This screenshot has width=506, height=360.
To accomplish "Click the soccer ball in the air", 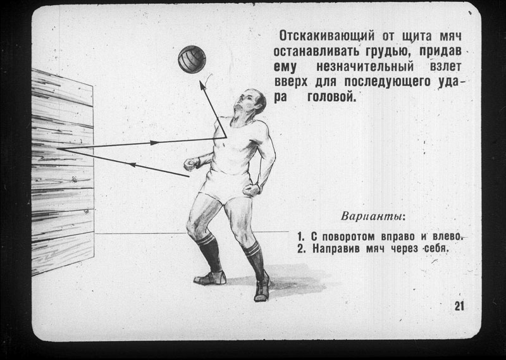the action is pos(192,59).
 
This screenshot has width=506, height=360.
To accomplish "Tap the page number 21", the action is pos(459,306).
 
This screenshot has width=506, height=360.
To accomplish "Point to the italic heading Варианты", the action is pos(373,216).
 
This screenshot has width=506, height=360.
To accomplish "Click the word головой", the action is pos(331,96).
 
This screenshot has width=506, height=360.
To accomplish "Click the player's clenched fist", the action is pos(192,164).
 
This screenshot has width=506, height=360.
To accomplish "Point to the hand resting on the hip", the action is pos(252,190).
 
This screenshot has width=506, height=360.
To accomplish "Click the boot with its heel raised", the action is pos(262,287).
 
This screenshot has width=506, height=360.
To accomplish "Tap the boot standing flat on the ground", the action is pos(210,278).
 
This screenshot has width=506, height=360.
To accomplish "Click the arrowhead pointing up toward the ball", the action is pos(202,85).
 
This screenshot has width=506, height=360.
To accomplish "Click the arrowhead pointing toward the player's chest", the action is pos(154,142).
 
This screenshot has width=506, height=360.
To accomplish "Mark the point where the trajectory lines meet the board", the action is pos(58,149).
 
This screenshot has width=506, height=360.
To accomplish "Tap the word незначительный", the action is pos(365,66).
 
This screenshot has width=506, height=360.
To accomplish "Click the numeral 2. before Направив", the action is pos(301,249).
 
